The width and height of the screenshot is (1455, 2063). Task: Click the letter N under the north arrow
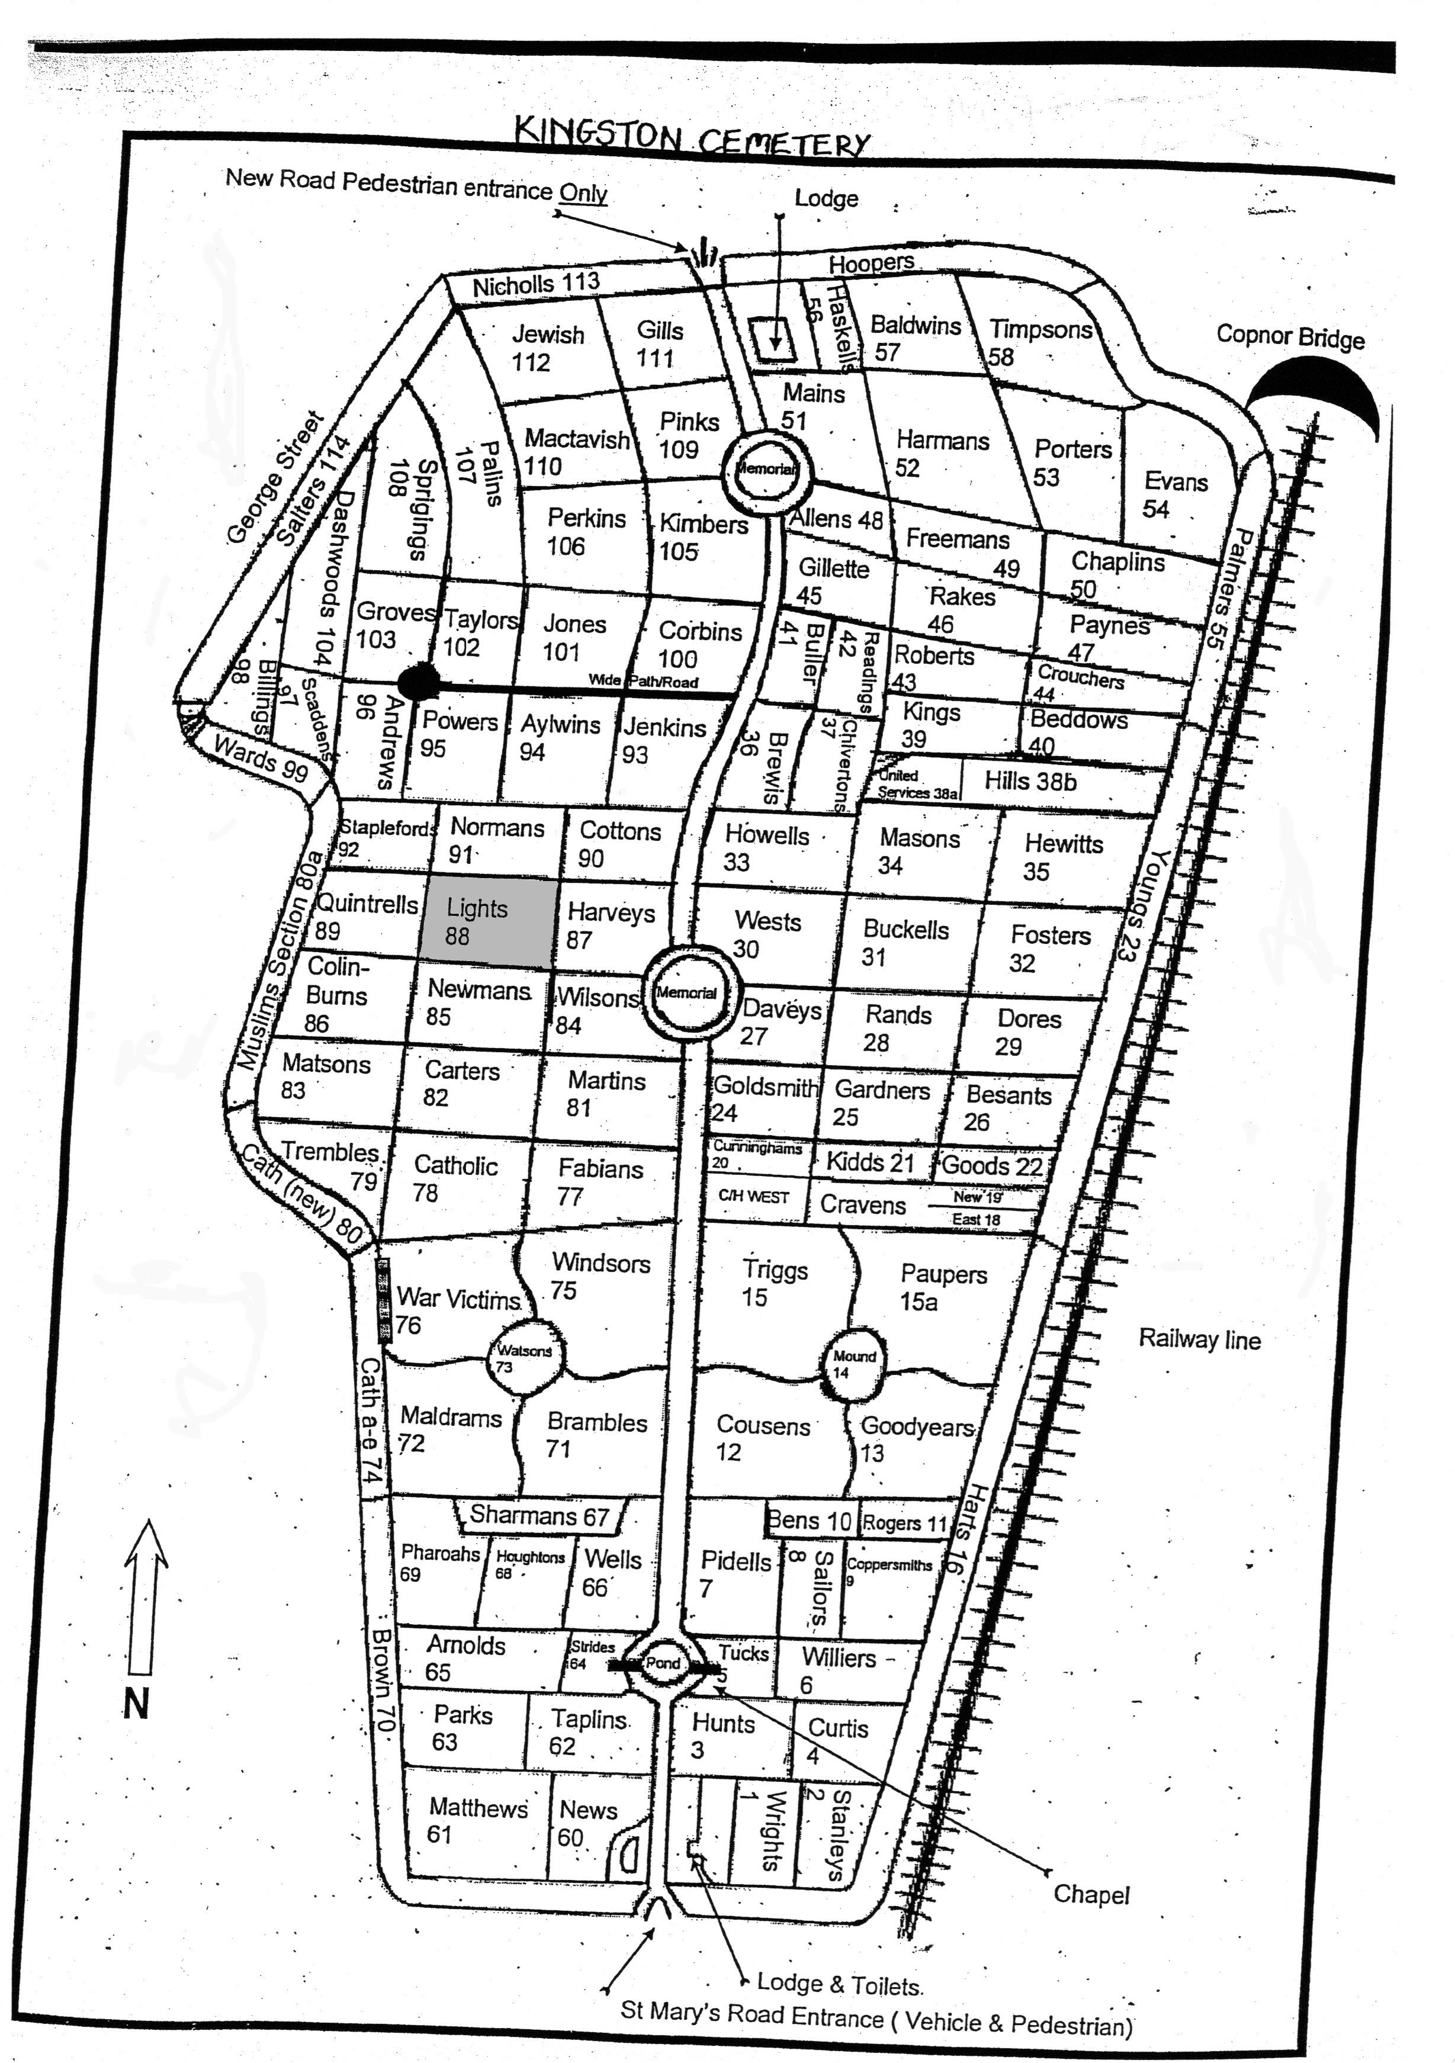[136, 1704]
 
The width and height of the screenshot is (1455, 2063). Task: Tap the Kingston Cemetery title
[692, 137]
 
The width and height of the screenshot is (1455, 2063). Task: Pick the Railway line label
[1199, 1339]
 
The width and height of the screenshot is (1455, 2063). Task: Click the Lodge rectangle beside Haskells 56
[773, 339]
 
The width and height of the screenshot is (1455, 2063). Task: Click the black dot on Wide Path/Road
[418, 683]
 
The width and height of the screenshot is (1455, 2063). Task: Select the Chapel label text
[1091, 1895]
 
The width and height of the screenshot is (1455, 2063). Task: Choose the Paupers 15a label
[942, 1287]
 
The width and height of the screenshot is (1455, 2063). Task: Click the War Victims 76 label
[457, 1310]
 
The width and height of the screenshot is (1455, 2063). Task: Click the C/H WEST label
[753, 1197]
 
